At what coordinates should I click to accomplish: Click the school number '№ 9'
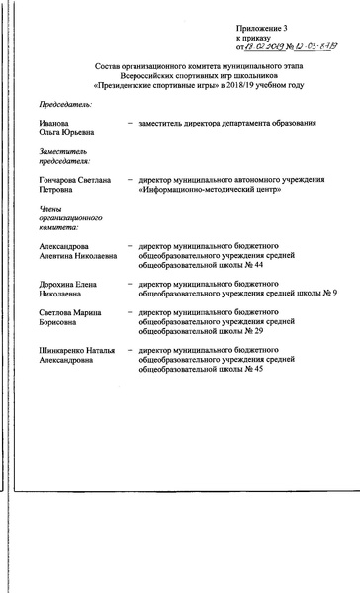tap(327, 294)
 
